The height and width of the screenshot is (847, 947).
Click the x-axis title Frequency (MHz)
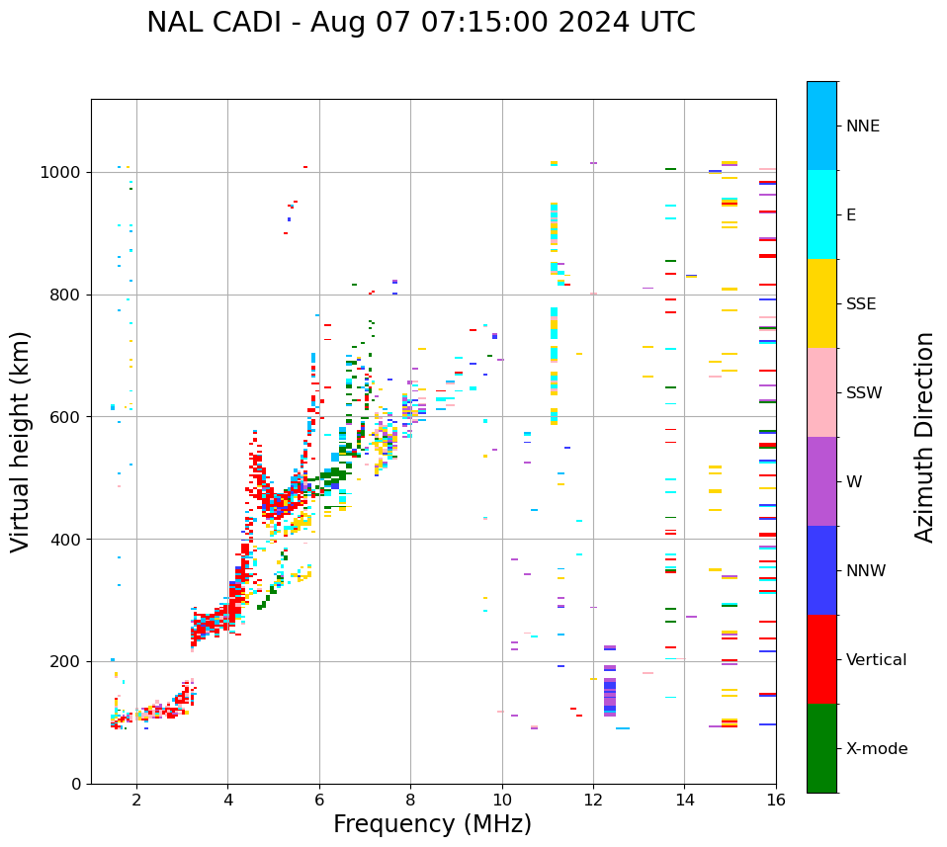coord(432,824)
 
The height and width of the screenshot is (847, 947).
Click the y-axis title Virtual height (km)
coord(21,442)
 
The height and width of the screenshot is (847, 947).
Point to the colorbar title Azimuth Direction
coord(924,437)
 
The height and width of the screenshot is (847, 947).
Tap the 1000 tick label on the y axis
coord(61,173)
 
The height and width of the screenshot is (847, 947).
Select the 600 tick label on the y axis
coord(65,417)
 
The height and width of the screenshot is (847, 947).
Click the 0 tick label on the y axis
coord(76,784)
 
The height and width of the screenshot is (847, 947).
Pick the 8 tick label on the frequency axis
coord(410,800)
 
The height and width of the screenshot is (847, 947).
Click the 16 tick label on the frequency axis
coord(776,800)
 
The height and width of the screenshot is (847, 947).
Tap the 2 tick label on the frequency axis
coord(136,800)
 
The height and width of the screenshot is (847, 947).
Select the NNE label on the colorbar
coord(862,127)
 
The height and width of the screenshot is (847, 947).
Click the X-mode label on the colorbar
coord(877,749)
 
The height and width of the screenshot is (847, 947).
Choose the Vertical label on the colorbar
coord(876,660)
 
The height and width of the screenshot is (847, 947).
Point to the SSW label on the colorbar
coord(864,393)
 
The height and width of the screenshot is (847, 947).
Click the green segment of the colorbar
coord(821,748)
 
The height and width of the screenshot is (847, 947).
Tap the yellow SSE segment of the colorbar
coord(821,303)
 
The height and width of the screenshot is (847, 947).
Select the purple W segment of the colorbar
coord(821,481)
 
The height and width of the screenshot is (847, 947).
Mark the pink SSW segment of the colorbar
coord(821,392)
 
